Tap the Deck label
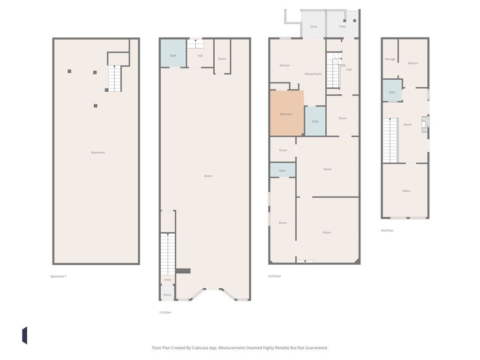(314, 27)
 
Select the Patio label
(343, 27)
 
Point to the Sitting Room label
(313, 74)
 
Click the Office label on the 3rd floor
(406, 191)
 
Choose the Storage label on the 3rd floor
(390, 59)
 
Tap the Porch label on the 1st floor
(167, 295)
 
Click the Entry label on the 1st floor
(168, 280)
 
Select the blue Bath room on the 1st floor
(173, 53)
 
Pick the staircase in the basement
(114, 78)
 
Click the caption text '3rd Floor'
(387, 231)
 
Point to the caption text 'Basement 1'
(59, 277)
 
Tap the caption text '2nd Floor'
(275, 277)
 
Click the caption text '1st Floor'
(165, 312)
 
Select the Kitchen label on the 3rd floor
(413, 63)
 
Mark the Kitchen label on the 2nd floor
(285, 66)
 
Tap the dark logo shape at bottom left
(24, 336)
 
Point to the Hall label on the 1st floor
(200, 56)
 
